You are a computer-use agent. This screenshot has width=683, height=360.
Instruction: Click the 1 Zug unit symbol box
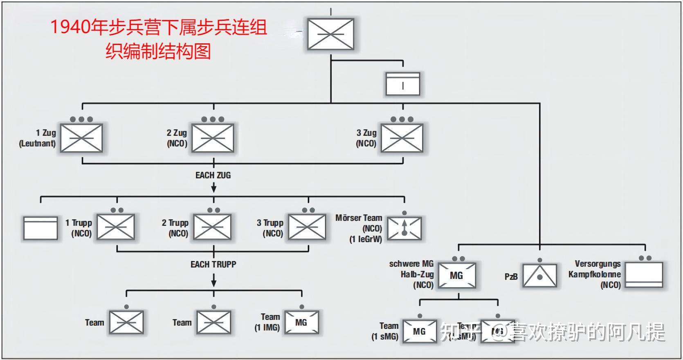click(x=81, y=138)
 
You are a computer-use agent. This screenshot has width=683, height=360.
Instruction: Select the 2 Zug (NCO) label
click(x=177, y=138)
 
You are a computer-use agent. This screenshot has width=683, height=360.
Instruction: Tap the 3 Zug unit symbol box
click(x=402, y=138)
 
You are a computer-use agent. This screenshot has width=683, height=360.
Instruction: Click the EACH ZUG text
click(x=213, y=175)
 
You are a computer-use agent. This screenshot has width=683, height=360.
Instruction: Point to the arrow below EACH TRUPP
click(x=213, y=280)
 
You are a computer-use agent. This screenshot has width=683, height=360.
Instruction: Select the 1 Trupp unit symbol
click(x=116, y=227)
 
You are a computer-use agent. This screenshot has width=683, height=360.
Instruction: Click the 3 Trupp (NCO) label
click(x=270, y=228)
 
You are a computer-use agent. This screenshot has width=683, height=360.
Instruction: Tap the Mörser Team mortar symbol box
click(x=404, y=228)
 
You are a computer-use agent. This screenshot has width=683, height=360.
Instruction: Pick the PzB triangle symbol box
click(x=540, y=276)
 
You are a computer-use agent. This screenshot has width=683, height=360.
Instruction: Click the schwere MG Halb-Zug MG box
click(x=456, y=275)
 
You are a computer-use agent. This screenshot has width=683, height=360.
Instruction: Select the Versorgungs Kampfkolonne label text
click(x=595, y=274)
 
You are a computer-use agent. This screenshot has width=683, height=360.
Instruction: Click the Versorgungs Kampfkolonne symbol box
click(x=645, y=275)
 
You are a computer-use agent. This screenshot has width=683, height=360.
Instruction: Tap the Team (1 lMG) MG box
click(x=301, y=322)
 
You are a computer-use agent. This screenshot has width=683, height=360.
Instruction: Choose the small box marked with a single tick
click(x=403, y=84)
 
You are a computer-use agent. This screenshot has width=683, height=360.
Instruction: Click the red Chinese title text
click(x=159, y=39)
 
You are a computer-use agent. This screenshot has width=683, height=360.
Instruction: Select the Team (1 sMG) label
click(x=385, y=331)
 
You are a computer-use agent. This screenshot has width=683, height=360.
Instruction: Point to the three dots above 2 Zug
click(x=213, y=119)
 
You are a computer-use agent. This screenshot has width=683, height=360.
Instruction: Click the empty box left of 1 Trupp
click(x=40, y=228)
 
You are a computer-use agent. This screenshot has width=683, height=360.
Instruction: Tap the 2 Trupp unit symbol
click(x=212, y=227)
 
